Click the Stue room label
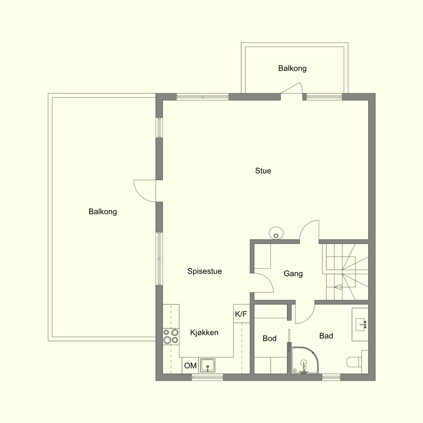(x=263, y=171)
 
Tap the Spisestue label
(x=204, y=271)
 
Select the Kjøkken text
(x=204, y=332)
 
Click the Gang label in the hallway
(x=293, y=274)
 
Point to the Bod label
(x=270, y=338)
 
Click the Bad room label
(x=326, y=336)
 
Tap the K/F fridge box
(x=242, y=314)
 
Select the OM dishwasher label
(x=190, y=365)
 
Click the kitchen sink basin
(x=208, y=365)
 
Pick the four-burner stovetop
(x=171, y=336)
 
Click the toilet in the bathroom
(x=354, y=362)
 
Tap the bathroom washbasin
(x=360, y=324)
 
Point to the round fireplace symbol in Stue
(x=276, y=233)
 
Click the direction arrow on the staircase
(x=338, y=287)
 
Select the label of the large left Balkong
(x=103, y=212)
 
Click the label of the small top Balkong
(x=292, y=68)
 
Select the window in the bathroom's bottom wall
(x=331, y=377)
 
